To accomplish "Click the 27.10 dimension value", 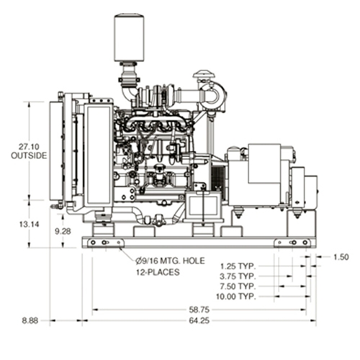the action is [x=29, y=147].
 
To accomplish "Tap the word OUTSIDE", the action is [x=29, y=156].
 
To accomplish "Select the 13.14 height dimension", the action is [x=29, y=225].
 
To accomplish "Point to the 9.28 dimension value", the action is [x=63, y=231].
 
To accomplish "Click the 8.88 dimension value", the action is [x=30, y=320].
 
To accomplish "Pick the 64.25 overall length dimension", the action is [x=199, y=320].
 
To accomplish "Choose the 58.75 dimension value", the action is [x=199, y=310].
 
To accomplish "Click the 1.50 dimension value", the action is [x=341, y=257].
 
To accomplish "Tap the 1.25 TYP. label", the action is [x=238, y=266].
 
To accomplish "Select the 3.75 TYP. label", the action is [x=238, y=276].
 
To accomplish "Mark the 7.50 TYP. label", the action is [x=238, y=287].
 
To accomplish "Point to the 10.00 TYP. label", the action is [x=236, y=297].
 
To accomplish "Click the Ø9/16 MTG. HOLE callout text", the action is [x=170, y=261].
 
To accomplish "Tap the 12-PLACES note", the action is [x=158, y=272].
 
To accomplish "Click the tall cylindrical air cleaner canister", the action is [x=129, y=37].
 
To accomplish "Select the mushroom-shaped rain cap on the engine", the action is [x=204, y=74].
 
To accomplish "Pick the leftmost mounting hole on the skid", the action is [x=93, y=243].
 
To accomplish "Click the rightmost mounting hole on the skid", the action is [x=305, y=243].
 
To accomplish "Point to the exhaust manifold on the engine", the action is [x=153, y=125].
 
